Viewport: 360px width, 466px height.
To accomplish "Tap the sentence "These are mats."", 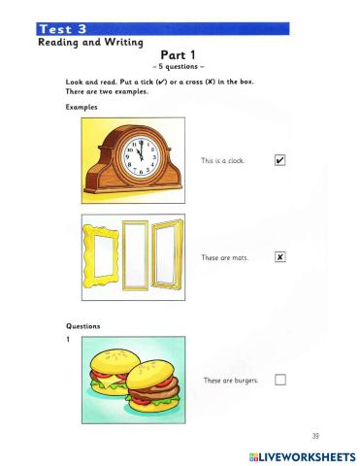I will (x=223, y=257).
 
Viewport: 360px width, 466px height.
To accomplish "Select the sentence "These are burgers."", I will (x=230, y=380).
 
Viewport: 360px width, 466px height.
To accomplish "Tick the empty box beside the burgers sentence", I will (x=279, y=380).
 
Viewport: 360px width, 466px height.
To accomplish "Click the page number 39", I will (x=314, y=435).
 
